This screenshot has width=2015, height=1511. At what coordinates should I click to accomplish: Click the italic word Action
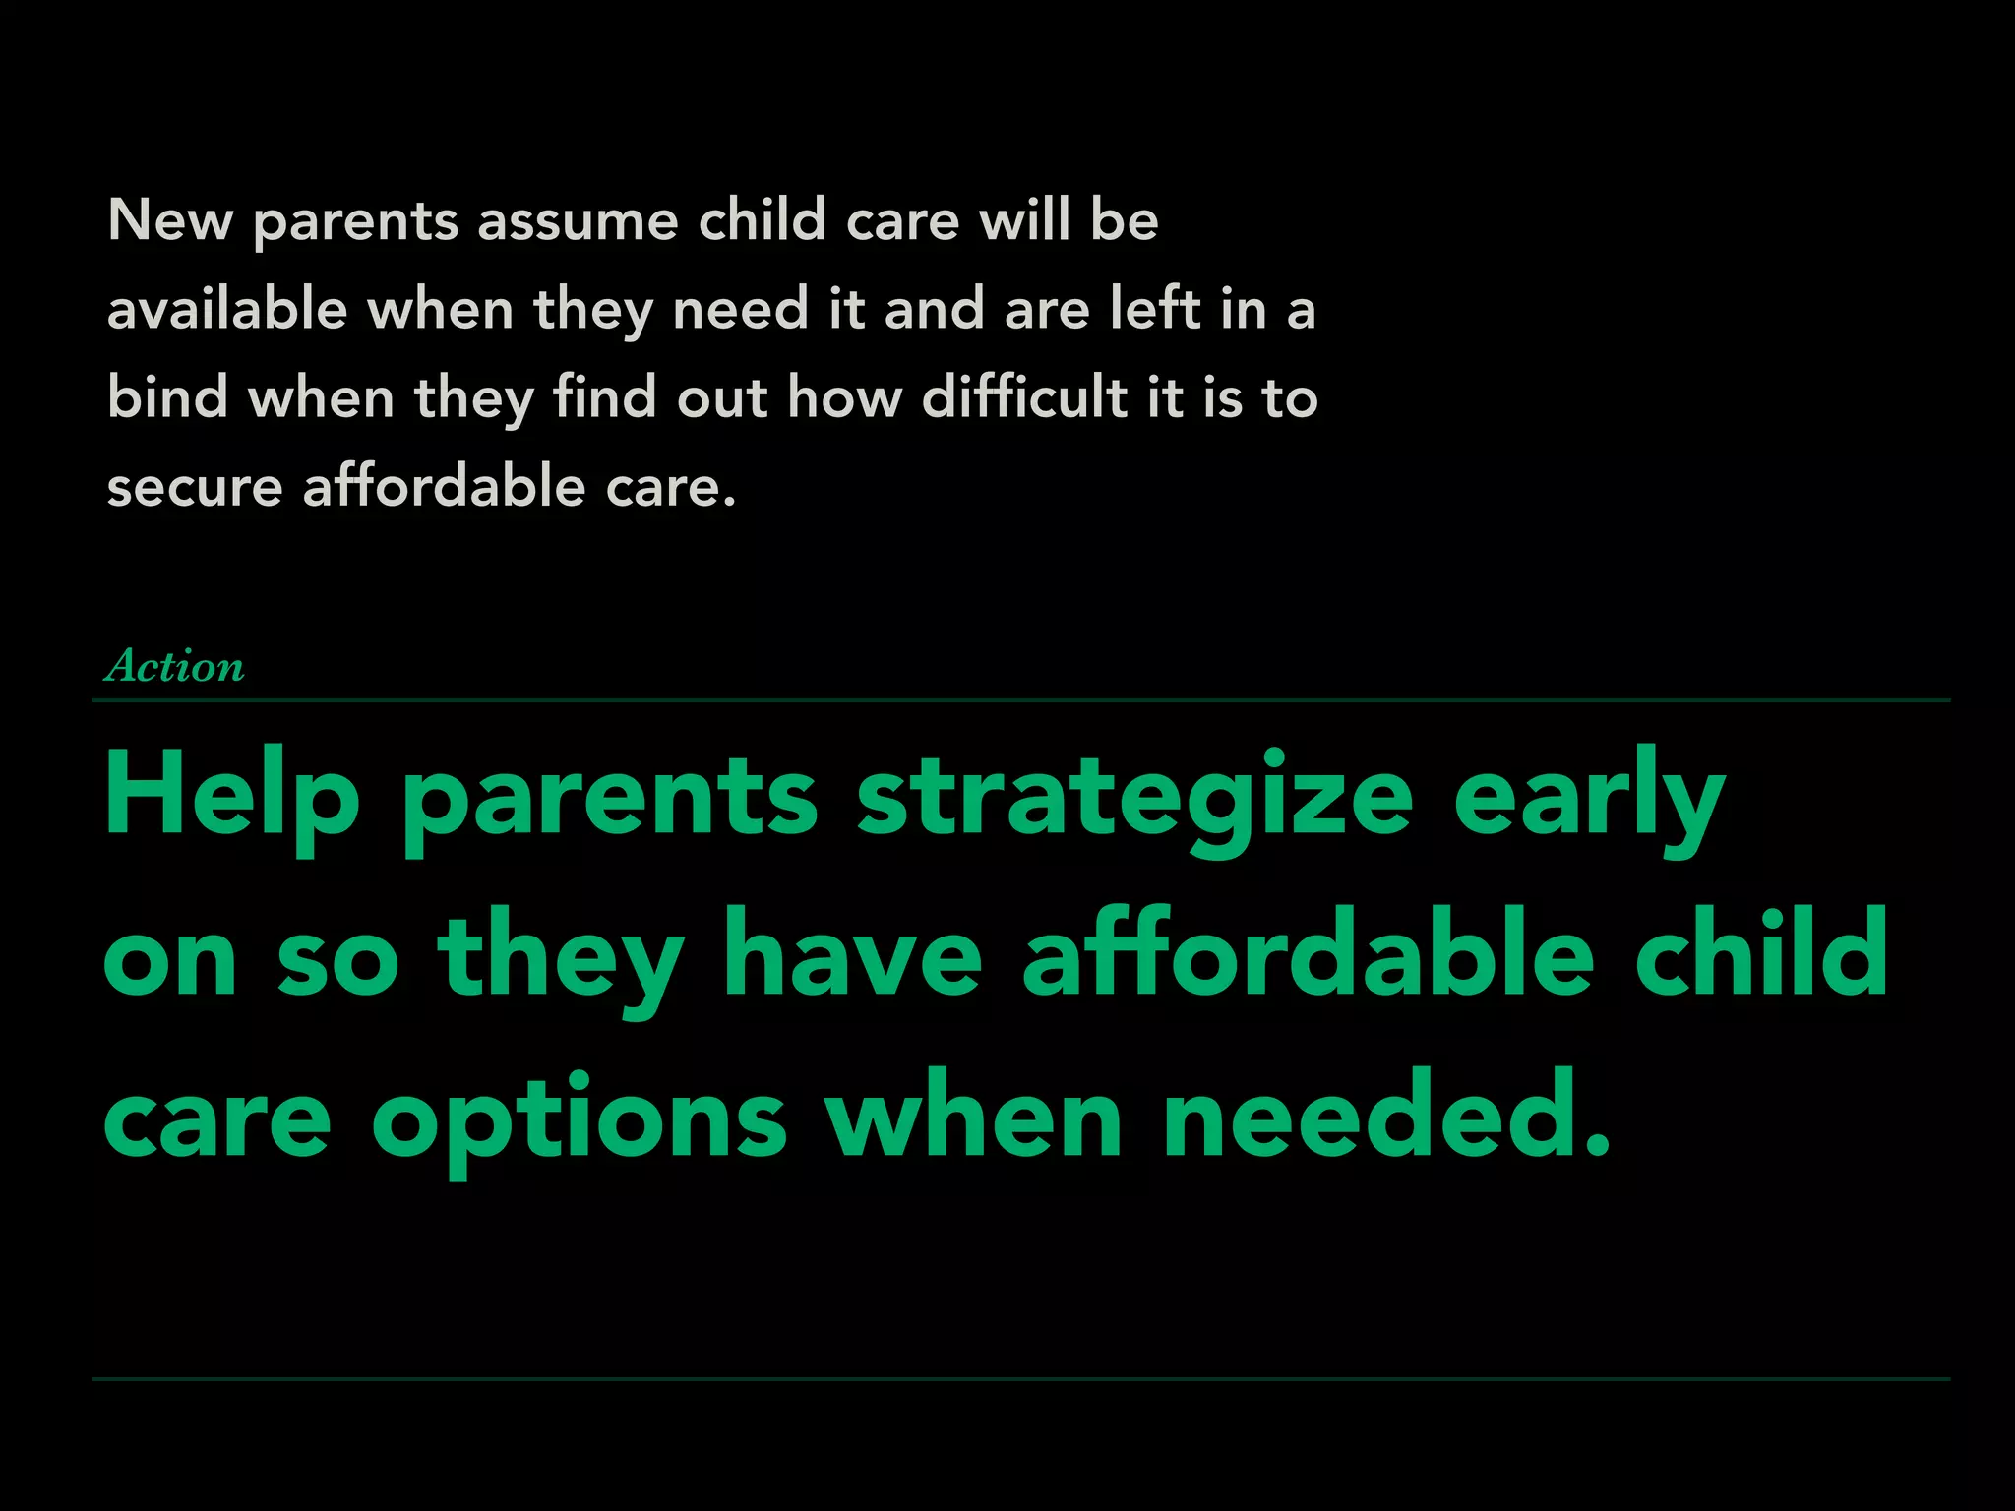point(175,666)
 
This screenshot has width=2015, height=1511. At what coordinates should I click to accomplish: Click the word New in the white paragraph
point(169,219)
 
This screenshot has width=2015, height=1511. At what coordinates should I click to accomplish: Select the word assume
point(578,219)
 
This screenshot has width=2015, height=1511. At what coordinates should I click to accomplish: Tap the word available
point(227,309)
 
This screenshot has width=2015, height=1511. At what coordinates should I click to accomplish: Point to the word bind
point(168,397)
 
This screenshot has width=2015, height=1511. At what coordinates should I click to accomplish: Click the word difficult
point(1024,397)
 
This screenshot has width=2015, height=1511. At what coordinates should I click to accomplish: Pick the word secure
point(195,487)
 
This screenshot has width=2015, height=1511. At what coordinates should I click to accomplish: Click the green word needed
point(1385,1118)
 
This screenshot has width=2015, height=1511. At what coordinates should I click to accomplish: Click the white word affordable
point(444,487)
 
